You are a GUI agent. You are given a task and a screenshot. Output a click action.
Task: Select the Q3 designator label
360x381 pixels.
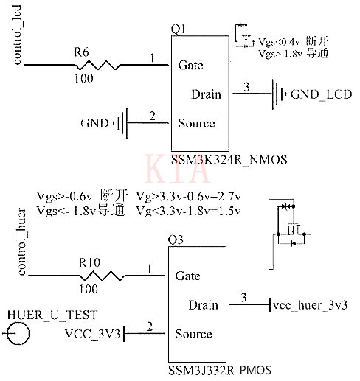pos(174,240)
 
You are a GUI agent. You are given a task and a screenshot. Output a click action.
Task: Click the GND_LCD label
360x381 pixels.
pos(321,94)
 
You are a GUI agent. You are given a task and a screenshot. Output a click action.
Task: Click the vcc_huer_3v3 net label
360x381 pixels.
pos(310,304)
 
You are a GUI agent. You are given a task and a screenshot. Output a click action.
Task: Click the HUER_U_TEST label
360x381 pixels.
pos(52,314)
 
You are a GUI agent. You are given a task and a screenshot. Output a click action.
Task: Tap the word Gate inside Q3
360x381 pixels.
pos(188,276)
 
